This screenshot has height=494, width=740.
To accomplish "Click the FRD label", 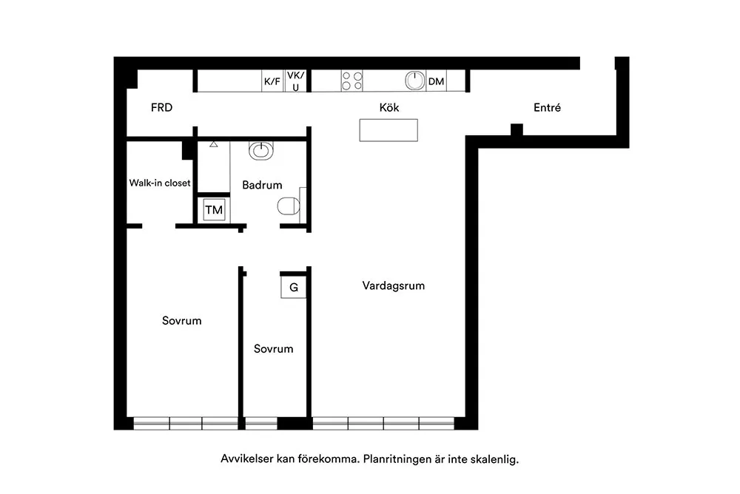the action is point(161,107).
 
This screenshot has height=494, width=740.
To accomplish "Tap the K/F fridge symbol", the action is point(272,81).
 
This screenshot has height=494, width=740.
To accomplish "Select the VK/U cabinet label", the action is point(295,81).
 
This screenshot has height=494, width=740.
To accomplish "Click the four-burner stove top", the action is point(352,81).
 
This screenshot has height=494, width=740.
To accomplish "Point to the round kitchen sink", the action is point(415,81).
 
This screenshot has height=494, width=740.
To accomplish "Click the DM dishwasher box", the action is point(436,81).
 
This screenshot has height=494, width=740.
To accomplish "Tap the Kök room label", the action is point(389,107).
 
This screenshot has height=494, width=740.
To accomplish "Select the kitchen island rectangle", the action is point(388,130).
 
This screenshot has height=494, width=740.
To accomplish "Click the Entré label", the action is point(547,107).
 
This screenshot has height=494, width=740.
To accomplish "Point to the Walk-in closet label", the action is point(160,183).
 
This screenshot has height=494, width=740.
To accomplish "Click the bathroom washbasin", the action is point(261,151).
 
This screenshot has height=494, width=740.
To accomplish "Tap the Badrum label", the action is point(262,185).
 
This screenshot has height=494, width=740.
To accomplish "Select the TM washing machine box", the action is point(214,210).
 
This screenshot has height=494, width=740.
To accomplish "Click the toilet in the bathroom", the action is point(289,206).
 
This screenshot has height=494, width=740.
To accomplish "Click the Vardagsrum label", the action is point(394,285).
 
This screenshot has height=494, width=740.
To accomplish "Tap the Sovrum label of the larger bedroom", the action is point(182,321).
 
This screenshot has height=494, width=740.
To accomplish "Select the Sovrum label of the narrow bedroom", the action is point(273,348).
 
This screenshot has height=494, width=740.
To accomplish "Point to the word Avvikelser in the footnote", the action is point(247,459).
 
